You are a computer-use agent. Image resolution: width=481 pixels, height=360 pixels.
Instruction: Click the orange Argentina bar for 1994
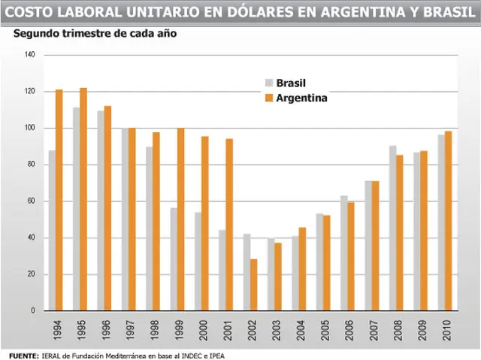59,200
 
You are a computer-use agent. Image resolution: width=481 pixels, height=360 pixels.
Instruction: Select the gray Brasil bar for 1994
52,230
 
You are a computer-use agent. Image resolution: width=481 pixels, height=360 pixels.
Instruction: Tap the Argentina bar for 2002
254,285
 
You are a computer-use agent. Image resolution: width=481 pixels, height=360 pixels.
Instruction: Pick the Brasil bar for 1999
174,259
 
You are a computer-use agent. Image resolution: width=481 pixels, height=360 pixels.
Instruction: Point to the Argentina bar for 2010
449,221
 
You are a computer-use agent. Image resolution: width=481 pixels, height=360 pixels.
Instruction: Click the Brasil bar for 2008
393,228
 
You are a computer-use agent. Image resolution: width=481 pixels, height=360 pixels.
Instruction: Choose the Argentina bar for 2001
229,225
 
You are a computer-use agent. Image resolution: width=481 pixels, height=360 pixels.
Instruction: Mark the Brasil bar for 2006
344,253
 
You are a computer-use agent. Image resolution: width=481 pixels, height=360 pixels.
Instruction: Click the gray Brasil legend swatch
269,83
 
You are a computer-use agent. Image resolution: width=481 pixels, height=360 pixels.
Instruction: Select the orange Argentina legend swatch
269,98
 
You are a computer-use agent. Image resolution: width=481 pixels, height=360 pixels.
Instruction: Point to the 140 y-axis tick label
30,55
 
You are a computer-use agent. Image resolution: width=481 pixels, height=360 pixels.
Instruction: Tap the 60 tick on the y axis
32,201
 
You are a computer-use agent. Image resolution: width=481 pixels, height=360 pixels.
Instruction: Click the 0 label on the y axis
33,310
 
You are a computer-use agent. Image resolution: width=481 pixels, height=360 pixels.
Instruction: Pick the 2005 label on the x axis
325,330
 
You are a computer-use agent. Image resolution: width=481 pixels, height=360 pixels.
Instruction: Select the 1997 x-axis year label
130,330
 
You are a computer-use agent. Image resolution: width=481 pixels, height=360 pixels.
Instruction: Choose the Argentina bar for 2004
302,269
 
